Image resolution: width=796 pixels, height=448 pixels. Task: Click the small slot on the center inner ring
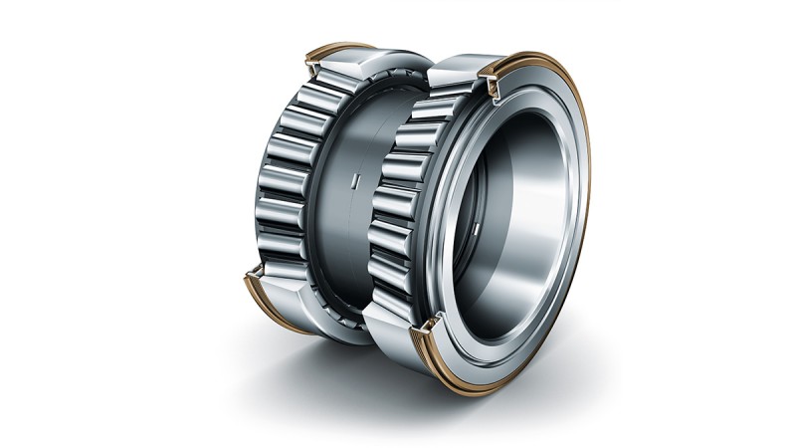point(353,183)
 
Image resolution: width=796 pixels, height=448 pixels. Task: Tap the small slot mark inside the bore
point(477,232)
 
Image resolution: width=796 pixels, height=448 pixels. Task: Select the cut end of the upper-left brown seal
point(311,67)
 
